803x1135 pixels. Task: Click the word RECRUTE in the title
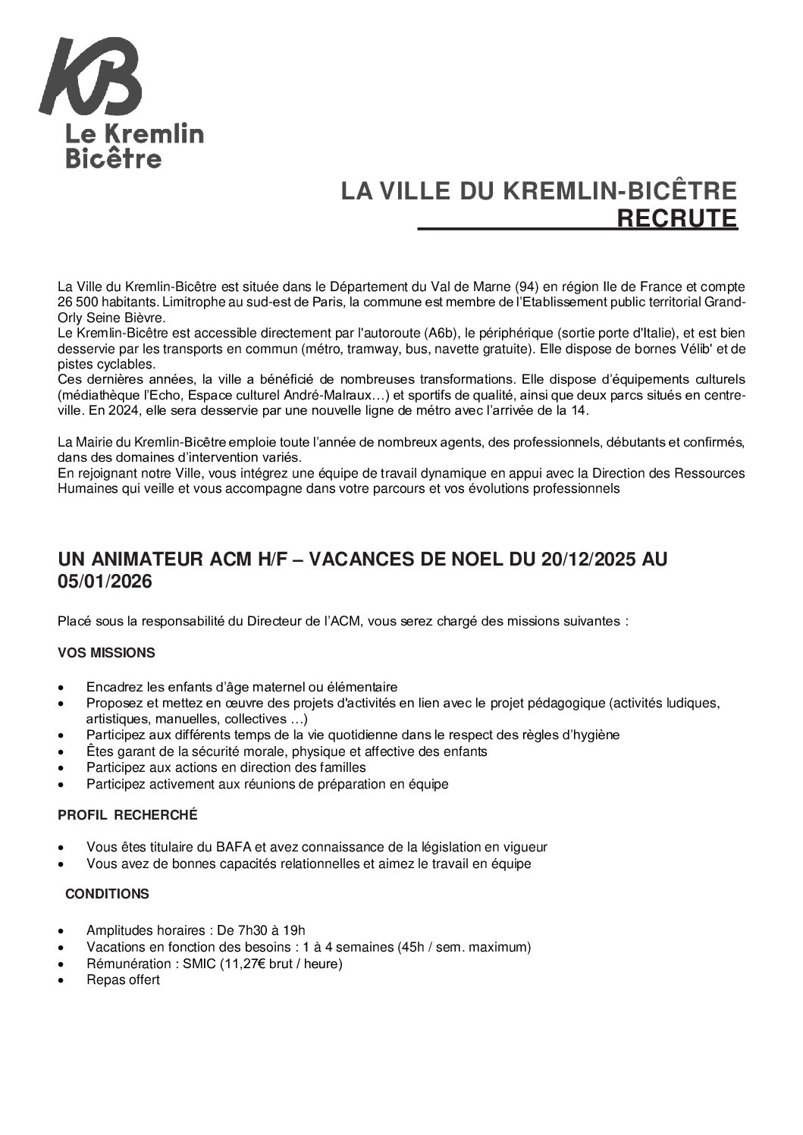pyautogui.click(x=677, y=218)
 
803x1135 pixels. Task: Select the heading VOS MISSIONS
pyautogui.click(x=107, y=653)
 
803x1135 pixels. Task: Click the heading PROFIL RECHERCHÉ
pyautogui.click(x=127, y=815)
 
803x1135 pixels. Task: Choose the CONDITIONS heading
pyautogui.click(x=108, y=894)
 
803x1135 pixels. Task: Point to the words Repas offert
pyautogui.click(x=124, y=980)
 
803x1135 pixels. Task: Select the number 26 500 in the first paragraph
pyautogui.click(x=78, y=303)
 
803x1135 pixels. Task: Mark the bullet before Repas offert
pyautogui.click(x=61, y=980)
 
